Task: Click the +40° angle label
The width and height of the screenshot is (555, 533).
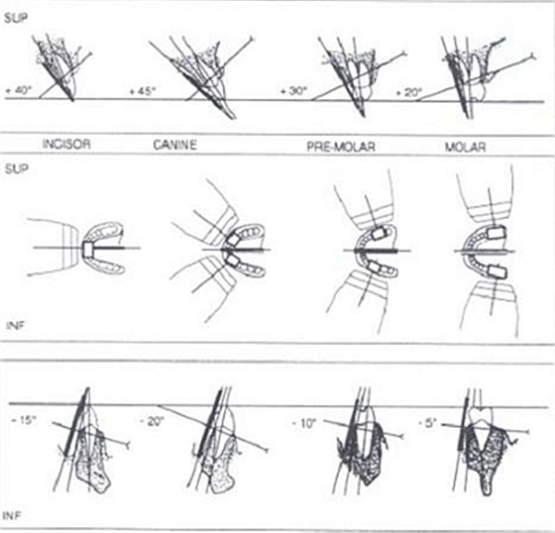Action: (x=19, y=90)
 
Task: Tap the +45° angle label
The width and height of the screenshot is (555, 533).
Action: (x=143, y=91)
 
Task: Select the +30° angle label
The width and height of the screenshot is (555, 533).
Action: (x=293, y=91)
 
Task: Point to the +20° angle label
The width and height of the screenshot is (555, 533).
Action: (x=408, y=93)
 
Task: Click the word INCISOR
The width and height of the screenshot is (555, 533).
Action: (x=66, y=144)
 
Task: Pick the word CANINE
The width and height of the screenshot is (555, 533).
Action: (x=174, y=145)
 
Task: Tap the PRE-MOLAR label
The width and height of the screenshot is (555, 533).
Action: (x=341, y=147)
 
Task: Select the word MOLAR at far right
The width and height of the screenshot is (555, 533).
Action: (x=465, y=147)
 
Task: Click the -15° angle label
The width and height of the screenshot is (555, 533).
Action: (x=24, y=421)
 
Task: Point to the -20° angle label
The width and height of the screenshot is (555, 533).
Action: (x=153, y=421)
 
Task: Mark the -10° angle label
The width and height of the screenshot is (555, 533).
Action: (x=303, y=423)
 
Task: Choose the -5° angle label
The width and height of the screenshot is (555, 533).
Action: (x=427, y=423)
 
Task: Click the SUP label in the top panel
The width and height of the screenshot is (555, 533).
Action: (x=16, y=19)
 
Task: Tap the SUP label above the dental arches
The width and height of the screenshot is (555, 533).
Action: (x=16, y=168)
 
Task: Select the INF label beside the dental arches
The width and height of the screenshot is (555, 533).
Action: (x=15, y=325)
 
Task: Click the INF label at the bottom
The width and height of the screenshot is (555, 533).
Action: (x=12, y=516)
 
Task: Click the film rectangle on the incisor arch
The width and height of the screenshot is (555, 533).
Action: (x=87, y=248)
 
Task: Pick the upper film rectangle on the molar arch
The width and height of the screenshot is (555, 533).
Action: (x=497, y=233)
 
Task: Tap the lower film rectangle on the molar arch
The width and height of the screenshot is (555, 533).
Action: (x=498, y=270)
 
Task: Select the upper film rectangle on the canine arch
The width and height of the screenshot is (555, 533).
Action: (x=234, y=239)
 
